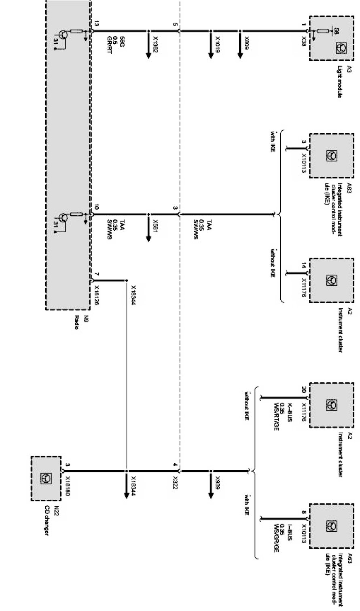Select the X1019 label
pos(217,42)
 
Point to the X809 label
pos(246,42)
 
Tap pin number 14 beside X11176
pos(304,266)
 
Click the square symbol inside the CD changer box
pos(45,478)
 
